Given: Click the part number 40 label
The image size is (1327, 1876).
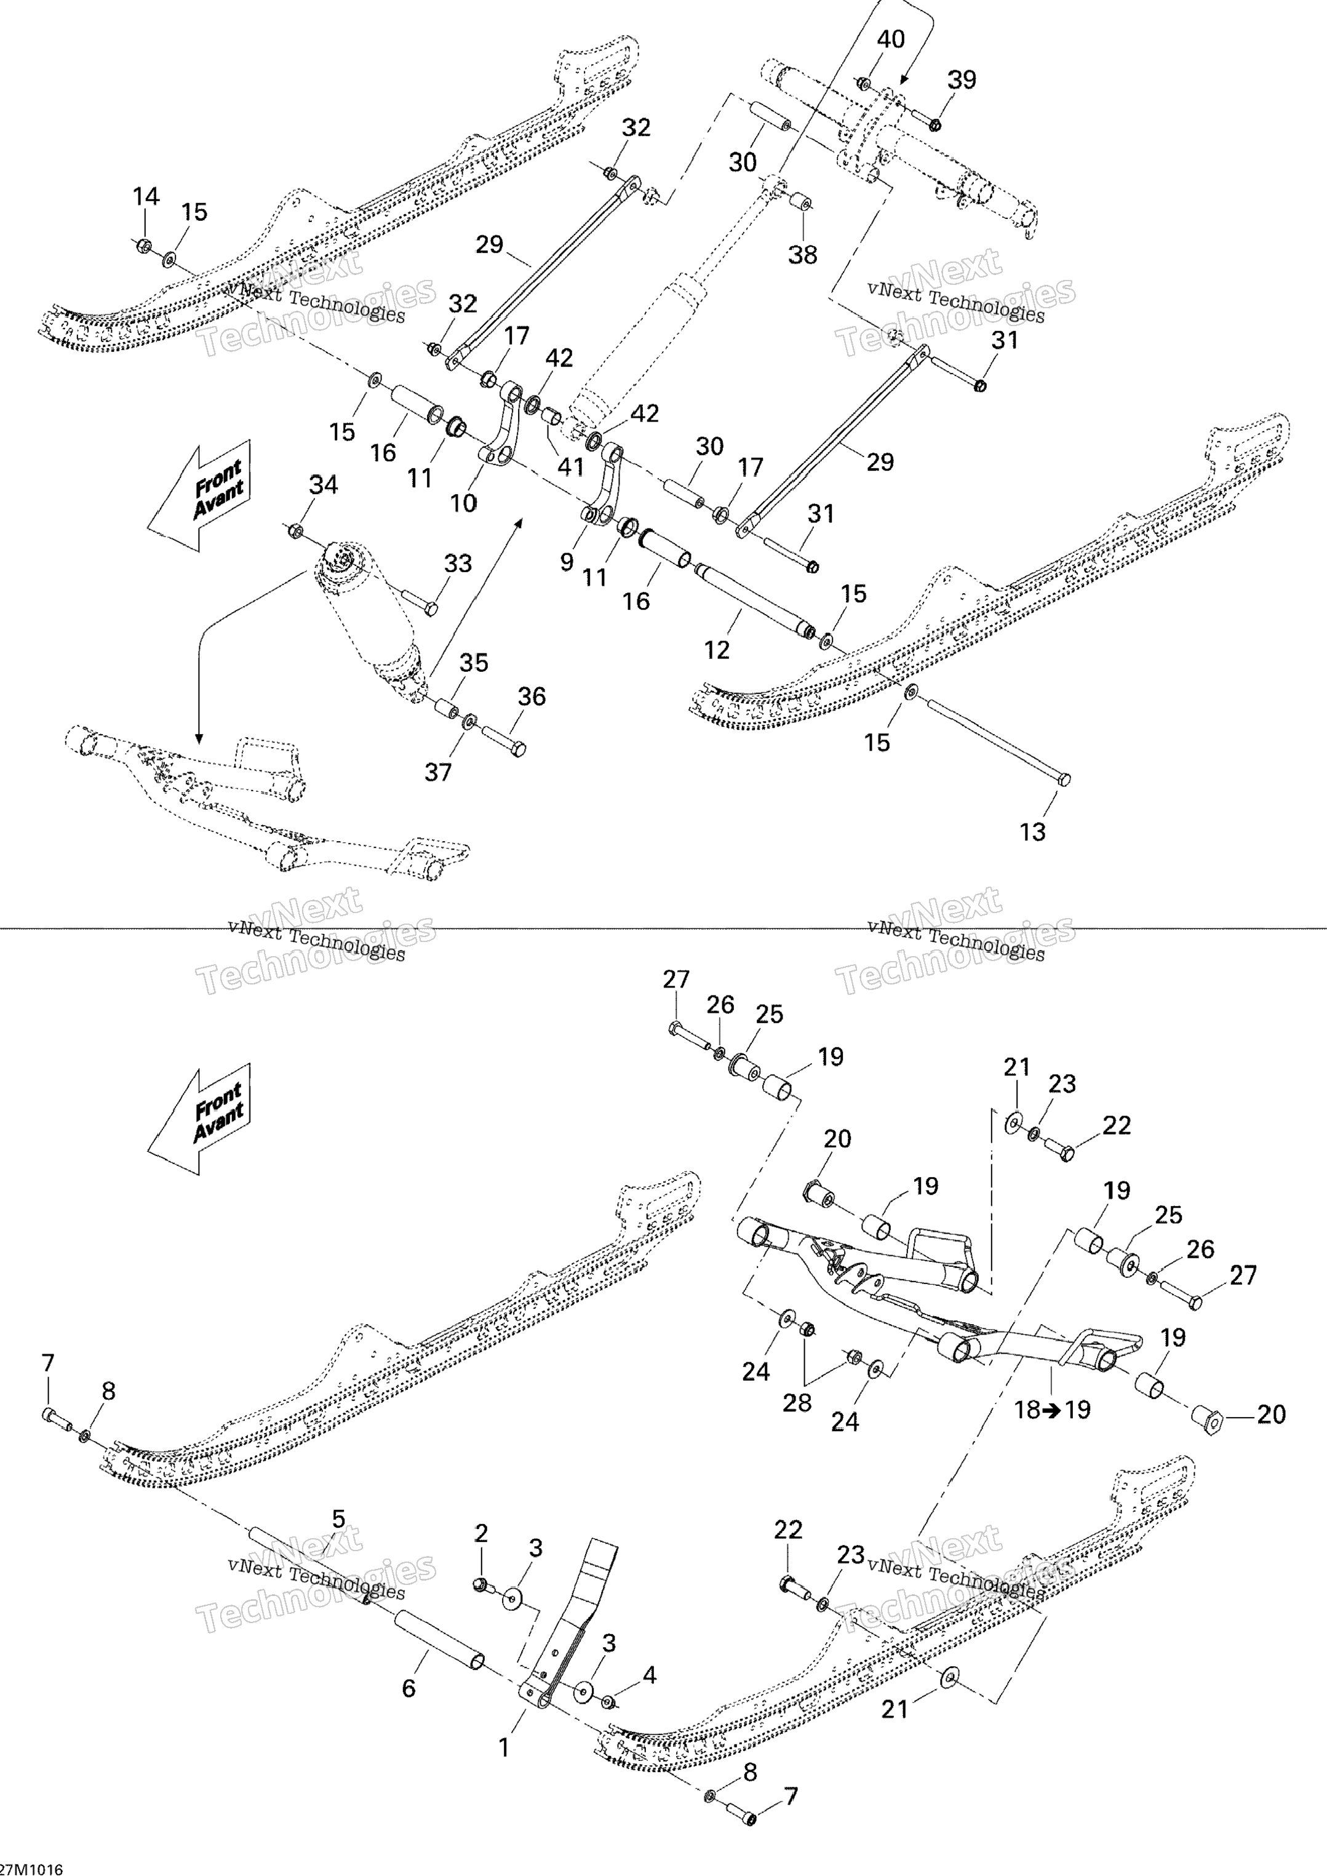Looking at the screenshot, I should (x=891, y=39).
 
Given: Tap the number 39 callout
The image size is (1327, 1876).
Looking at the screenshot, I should (x=962, y=80).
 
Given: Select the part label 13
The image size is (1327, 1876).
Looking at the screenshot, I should (x=1033, y=832).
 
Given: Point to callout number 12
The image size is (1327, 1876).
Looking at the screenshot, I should (x=717, y=650).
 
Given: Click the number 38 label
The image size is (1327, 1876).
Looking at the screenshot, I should (x=802, y=255).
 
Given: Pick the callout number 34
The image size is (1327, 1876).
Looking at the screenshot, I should (x=324, y=485).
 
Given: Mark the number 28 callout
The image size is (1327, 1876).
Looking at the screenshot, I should (x=797, y=1402).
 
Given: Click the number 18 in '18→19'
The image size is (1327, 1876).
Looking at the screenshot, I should (x=1027, y=1410).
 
